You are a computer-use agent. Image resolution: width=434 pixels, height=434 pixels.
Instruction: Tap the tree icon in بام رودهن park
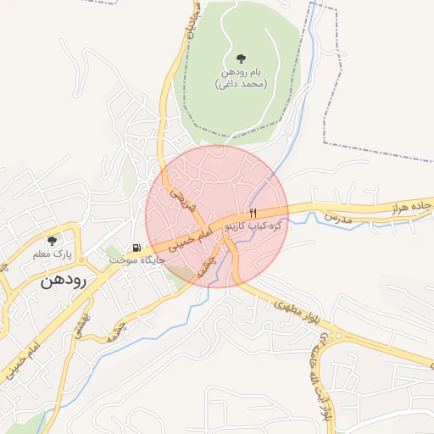[242, 59]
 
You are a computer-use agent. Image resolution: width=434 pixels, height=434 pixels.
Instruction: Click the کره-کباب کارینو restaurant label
[253, 228]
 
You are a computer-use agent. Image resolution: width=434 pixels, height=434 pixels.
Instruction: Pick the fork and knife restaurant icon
[252, 214]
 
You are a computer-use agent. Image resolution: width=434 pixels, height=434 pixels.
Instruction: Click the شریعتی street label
[185, 198]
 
